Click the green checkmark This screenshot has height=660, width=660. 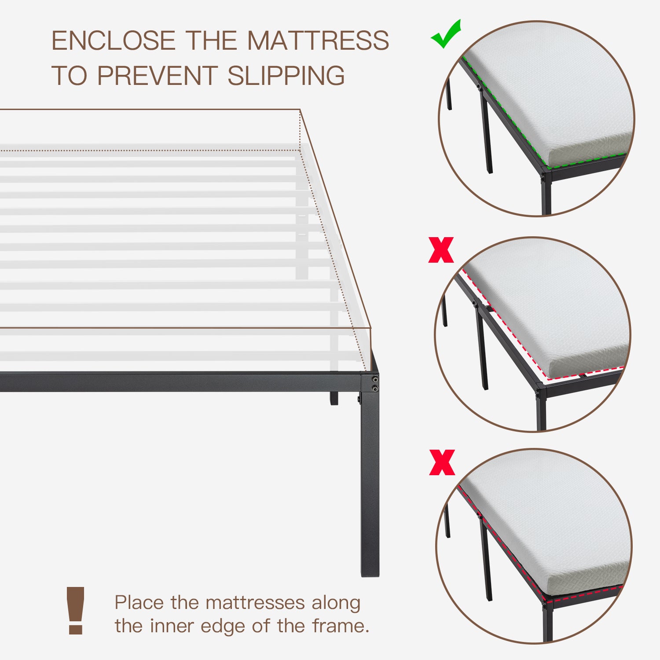coord(445,34)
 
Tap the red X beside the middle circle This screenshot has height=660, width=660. coord(441,250)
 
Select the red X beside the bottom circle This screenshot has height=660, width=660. coord(442,462)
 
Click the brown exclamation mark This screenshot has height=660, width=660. coord(76,610)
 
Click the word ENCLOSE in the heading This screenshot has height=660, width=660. coord(114,40)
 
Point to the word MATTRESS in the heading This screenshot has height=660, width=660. coord(318,40)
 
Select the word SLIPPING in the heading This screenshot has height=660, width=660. coord(286,76)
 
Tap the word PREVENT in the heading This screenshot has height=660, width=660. coord(157,76)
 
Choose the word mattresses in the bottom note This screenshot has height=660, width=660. coord(255,602)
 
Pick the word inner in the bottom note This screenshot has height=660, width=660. coord(172,626)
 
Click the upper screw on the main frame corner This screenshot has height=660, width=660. coord(374,379)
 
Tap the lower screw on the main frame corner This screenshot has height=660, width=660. coord(374,388)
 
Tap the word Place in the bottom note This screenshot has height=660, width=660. coord(140,602)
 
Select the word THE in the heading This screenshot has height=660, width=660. coord(212,40)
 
